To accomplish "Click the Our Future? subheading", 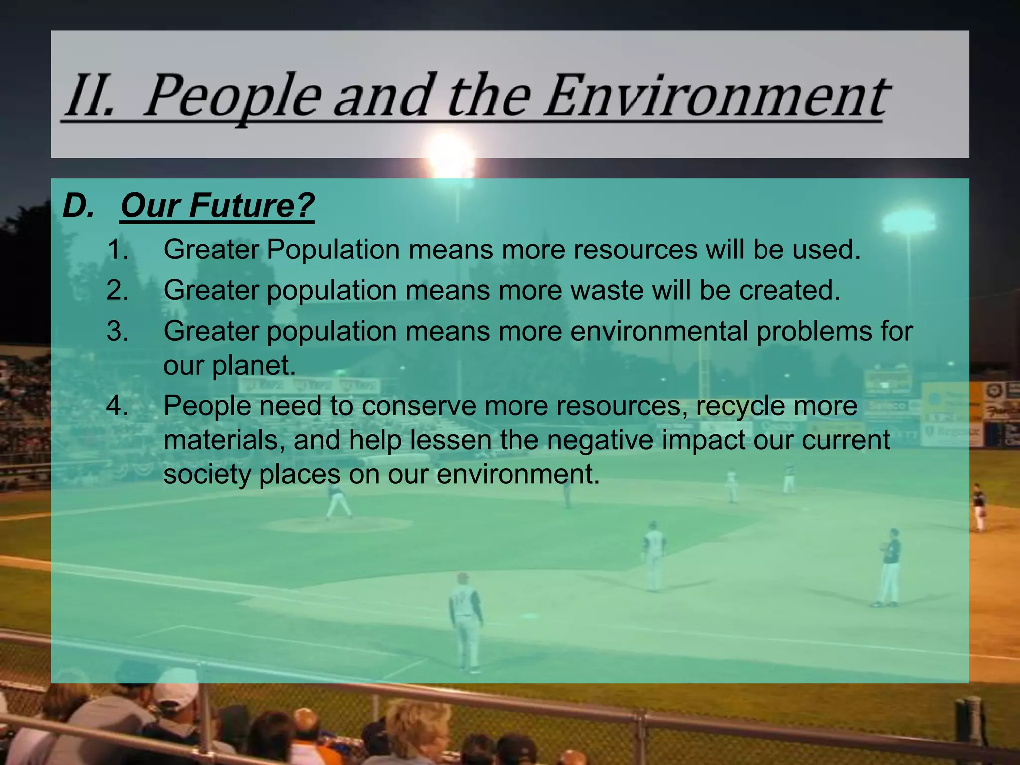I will [217, 205].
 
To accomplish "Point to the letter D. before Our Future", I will [78, 205].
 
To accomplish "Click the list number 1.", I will [118, 250].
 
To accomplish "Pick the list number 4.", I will [118, 406].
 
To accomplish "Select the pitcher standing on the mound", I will [338, 501].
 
